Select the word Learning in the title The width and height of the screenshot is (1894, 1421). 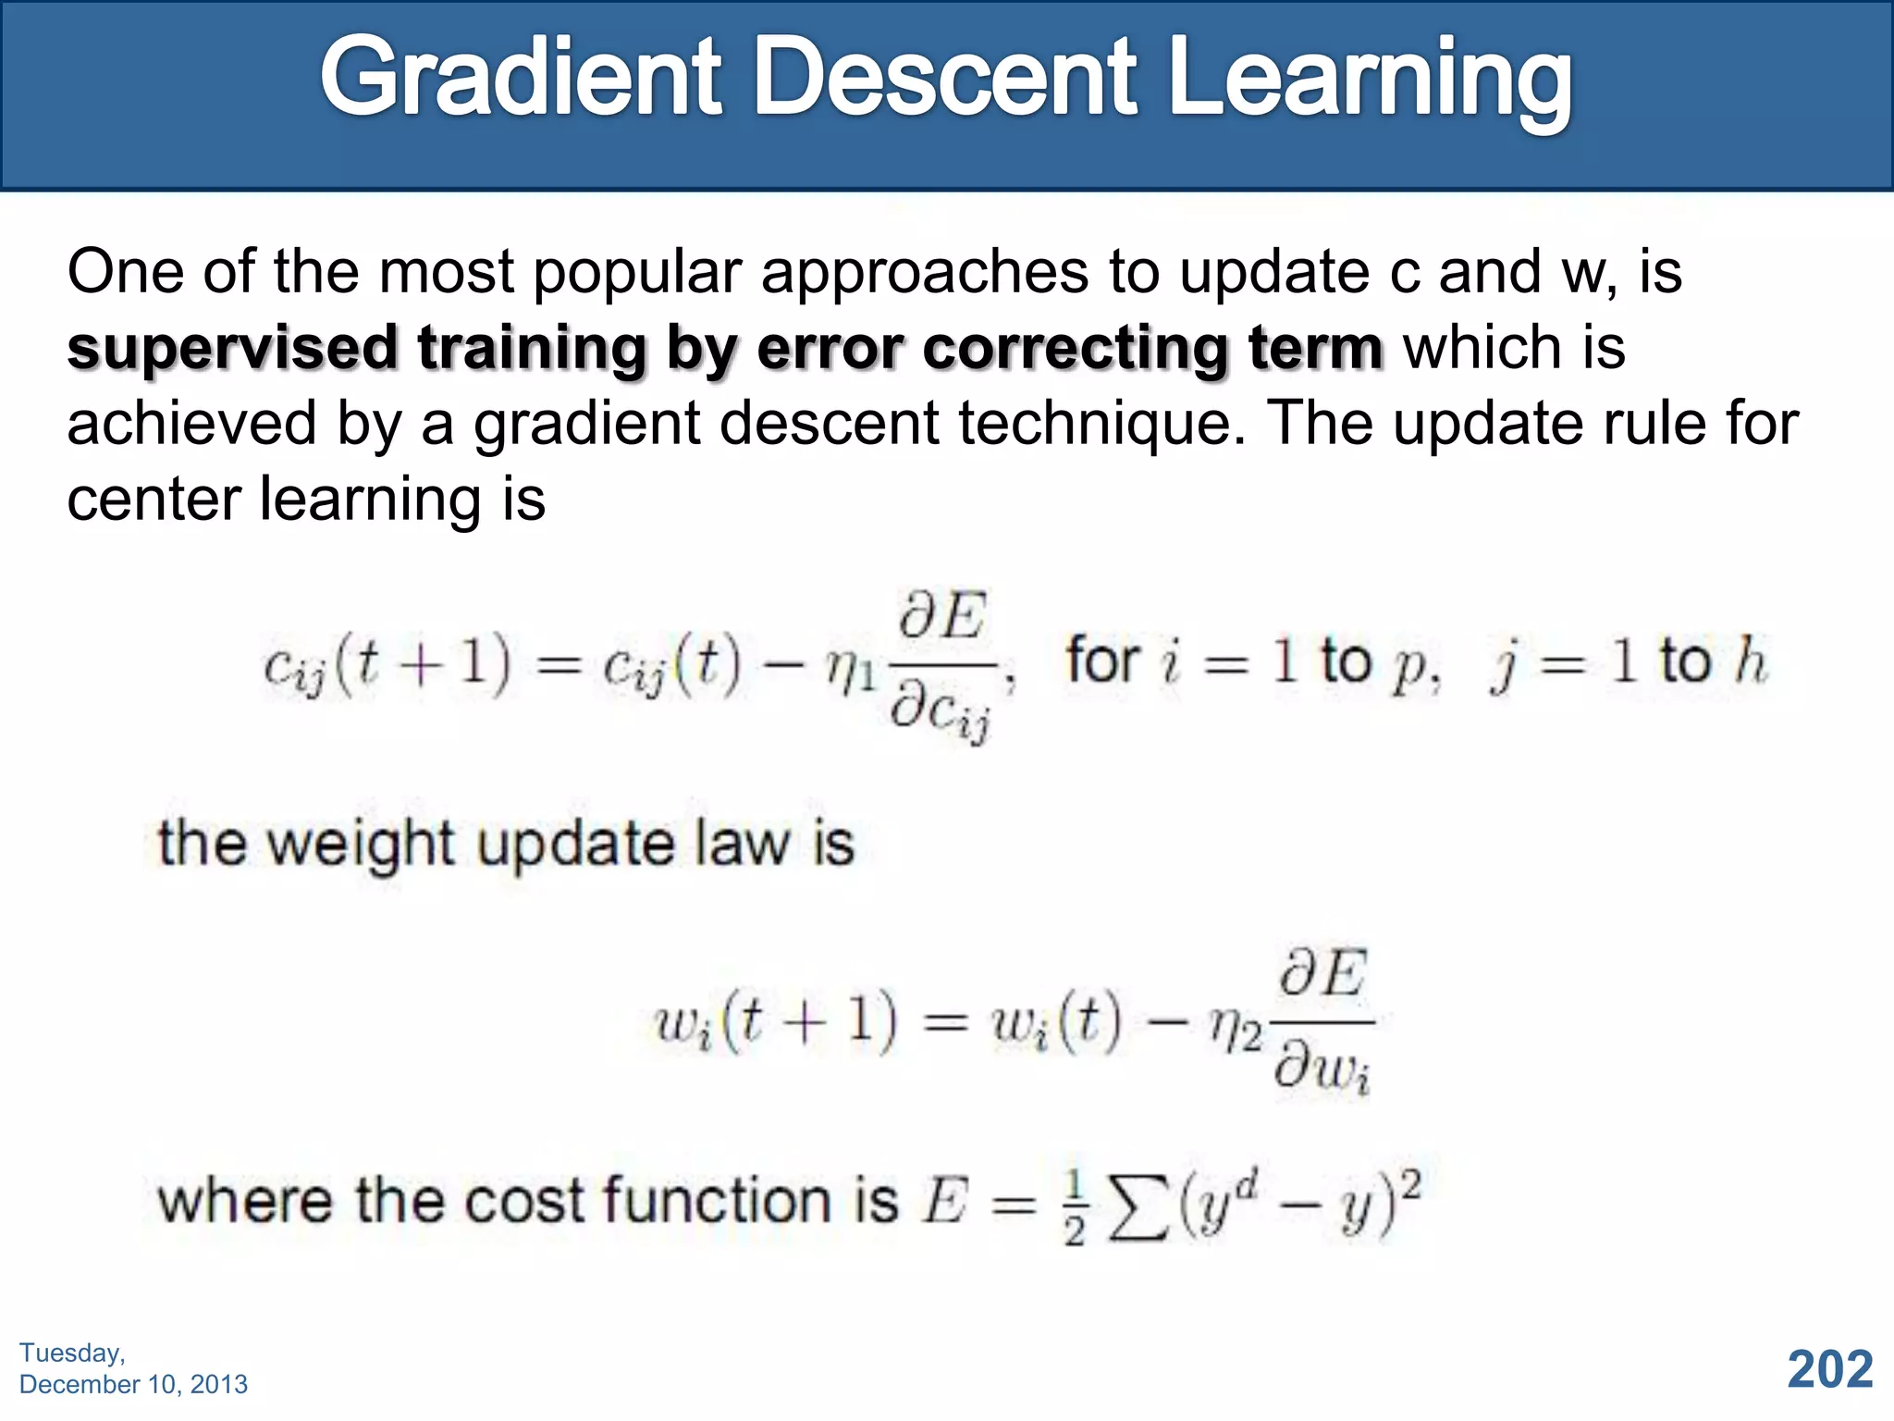[1369, 81]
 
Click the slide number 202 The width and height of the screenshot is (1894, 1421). [1829, 1369]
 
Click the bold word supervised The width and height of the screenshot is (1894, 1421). [232, 350]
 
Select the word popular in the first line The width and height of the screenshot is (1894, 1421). [637, 274]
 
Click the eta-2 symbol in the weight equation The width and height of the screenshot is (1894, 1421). [1235, 1027]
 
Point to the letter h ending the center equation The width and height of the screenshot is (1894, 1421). [1750, 661]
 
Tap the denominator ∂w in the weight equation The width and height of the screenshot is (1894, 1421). [1321, 1070]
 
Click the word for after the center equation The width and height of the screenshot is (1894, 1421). [1101, 661]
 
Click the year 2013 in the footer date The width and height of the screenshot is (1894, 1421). [218, 1384]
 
